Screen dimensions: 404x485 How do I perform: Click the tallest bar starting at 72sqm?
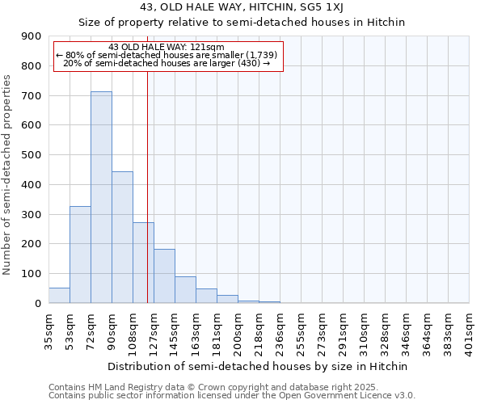[x=101, y=197]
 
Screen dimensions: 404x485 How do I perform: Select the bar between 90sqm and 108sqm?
[x=122, y=238]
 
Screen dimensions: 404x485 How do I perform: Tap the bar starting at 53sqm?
[x=80, y=255]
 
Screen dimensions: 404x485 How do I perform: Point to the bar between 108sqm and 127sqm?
[x=143, y=263]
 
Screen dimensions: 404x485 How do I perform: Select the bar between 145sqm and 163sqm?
[x=185, y=289]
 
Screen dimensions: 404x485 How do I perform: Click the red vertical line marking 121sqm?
[x=147, y=186]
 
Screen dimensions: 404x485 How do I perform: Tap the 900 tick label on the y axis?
[x=32, y=36]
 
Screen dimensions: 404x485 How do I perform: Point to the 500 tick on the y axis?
[x=32, y=155]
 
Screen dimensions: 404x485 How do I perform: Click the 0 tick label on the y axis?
[x=38, y=303]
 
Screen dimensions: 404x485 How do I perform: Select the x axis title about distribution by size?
[x=258, y=366]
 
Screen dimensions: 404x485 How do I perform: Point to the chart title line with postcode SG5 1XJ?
[x=242, y=7]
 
